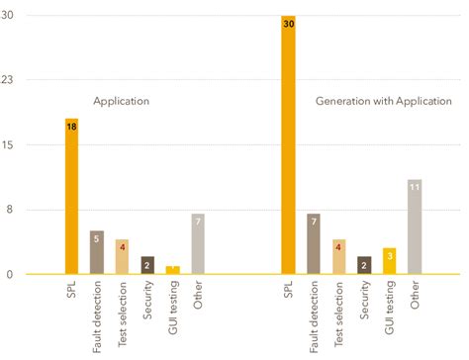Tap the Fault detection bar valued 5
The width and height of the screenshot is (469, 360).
coord(97,252)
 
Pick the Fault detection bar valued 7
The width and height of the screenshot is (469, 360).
coord(314,243)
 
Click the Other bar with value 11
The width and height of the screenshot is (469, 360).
coord(415,226)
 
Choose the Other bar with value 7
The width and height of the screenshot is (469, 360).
coord(199,243)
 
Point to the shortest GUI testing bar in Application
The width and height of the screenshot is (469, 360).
coord(173,270)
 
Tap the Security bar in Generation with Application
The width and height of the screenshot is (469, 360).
coord(364,265)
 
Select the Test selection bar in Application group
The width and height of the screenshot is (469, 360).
coord(122,256)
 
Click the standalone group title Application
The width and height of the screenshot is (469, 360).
coord(121,101)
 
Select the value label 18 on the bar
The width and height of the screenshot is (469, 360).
coord(71,127)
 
